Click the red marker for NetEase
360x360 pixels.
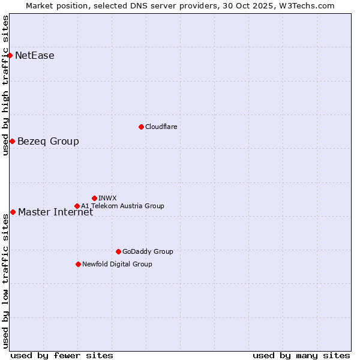pyautogui.click(x=10, y=56)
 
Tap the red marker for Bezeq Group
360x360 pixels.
pyautogui.click(x=12, y=141)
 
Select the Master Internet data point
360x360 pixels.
pyautogui.click(x=13, y=212)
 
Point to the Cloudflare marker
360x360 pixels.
pyautogui.click(x=141, y=127)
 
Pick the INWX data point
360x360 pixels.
pyautogui.click(x=94, y=198)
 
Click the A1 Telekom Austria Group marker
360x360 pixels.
pyautogui.click(x=77, y=206)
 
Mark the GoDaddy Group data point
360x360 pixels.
pyautogui.click(x=118, y=251)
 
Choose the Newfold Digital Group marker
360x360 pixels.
pyautogui.click(x=78, y=264)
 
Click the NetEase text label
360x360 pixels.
pyautogui.click(x=35, y=56)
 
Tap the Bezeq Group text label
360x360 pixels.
pyautogui.click(x=48, y=141)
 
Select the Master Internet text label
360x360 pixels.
pyautogui.click(x=55, y=212)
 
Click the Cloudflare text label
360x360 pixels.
pyautogui.click(x=161, y=127)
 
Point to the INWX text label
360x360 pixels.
pyautogui.click(x=107, y=198)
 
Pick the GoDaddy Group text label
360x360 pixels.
pyautogui.click(x=148, y=251)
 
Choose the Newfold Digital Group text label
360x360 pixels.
pyautogui.click(x=117, y=264)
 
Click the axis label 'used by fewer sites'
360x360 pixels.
pyautogui.click(x=62, y=355)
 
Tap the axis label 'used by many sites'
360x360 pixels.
pyautogui.click(x=301, y=355)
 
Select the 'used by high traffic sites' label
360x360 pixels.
pyautogui.click(x=5, y=85)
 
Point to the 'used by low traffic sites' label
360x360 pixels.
pyautogui.click(x=5, y=281)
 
